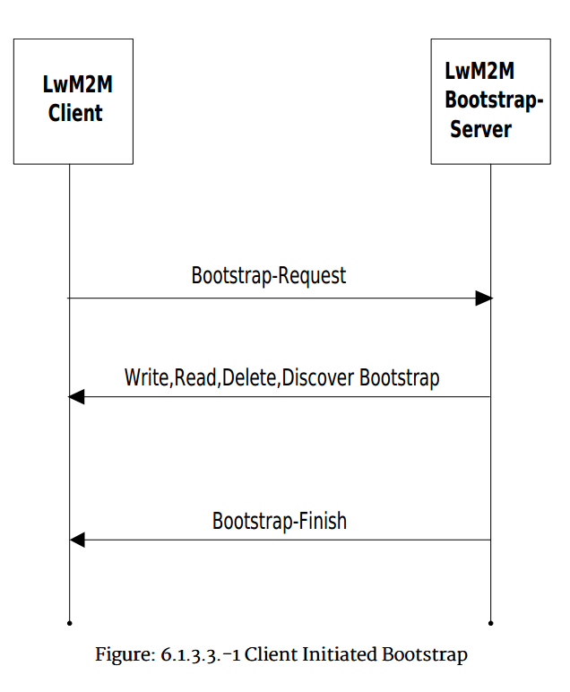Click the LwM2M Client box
coord(73,100)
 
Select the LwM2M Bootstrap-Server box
coord(490,100)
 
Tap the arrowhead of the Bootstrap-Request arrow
coord(484,298)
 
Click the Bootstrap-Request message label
coord(269,275)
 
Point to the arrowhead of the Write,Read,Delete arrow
coord(77,397)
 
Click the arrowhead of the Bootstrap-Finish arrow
coord(77,540)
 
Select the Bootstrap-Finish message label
coord(280,521)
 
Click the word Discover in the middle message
coord(319,377)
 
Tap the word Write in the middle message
coord(146,377)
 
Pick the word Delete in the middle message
coord(249,377)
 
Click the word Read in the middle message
coord(195,377)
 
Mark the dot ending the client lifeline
coord(69,621)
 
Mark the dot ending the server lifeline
coord(491,621)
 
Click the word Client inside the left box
coord(75,114)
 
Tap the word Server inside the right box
coord(481,129)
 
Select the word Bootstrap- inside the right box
coord(494,100)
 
